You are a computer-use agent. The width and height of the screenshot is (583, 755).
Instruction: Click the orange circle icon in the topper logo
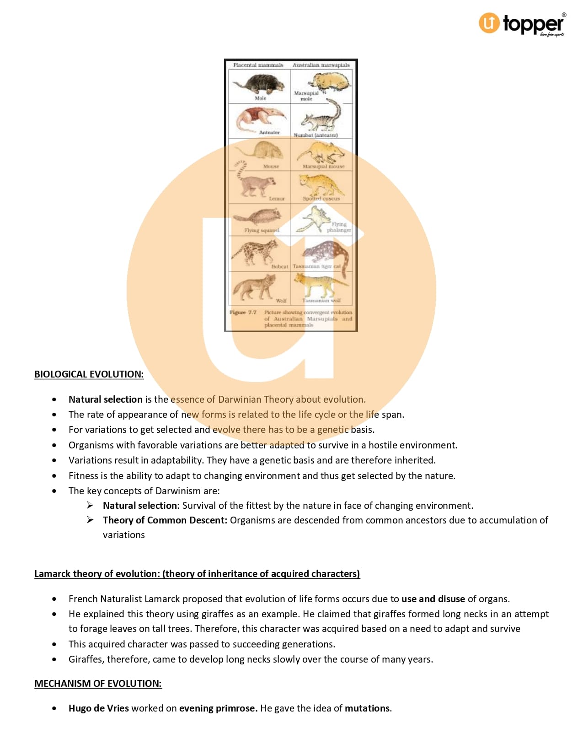point(489,23)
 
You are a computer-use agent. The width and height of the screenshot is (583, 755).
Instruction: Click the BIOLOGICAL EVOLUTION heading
point(89,374)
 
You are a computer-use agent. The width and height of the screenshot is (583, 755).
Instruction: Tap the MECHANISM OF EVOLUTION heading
point(98,684)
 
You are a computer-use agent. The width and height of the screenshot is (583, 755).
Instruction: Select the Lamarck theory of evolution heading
point(197,574)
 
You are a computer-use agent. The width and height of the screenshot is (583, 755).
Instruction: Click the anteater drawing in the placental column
point(258,118)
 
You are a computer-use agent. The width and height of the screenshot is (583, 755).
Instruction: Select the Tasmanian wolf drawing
point(320,285)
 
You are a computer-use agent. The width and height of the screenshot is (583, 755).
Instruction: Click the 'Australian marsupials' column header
point(321,65)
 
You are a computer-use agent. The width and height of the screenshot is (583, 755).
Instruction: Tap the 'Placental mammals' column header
point(258,65)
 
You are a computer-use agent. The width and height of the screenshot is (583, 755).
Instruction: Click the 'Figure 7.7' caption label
point(243,313)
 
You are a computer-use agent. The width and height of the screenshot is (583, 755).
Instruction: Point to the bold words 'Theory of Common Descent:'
point(165,520)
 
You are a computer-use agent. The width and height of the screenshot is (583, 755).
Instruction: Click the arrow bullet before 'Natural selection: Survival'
point(90,505)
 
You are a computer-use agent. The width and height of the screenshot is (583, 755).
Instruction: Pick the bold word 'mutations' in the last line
point(367,708)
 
